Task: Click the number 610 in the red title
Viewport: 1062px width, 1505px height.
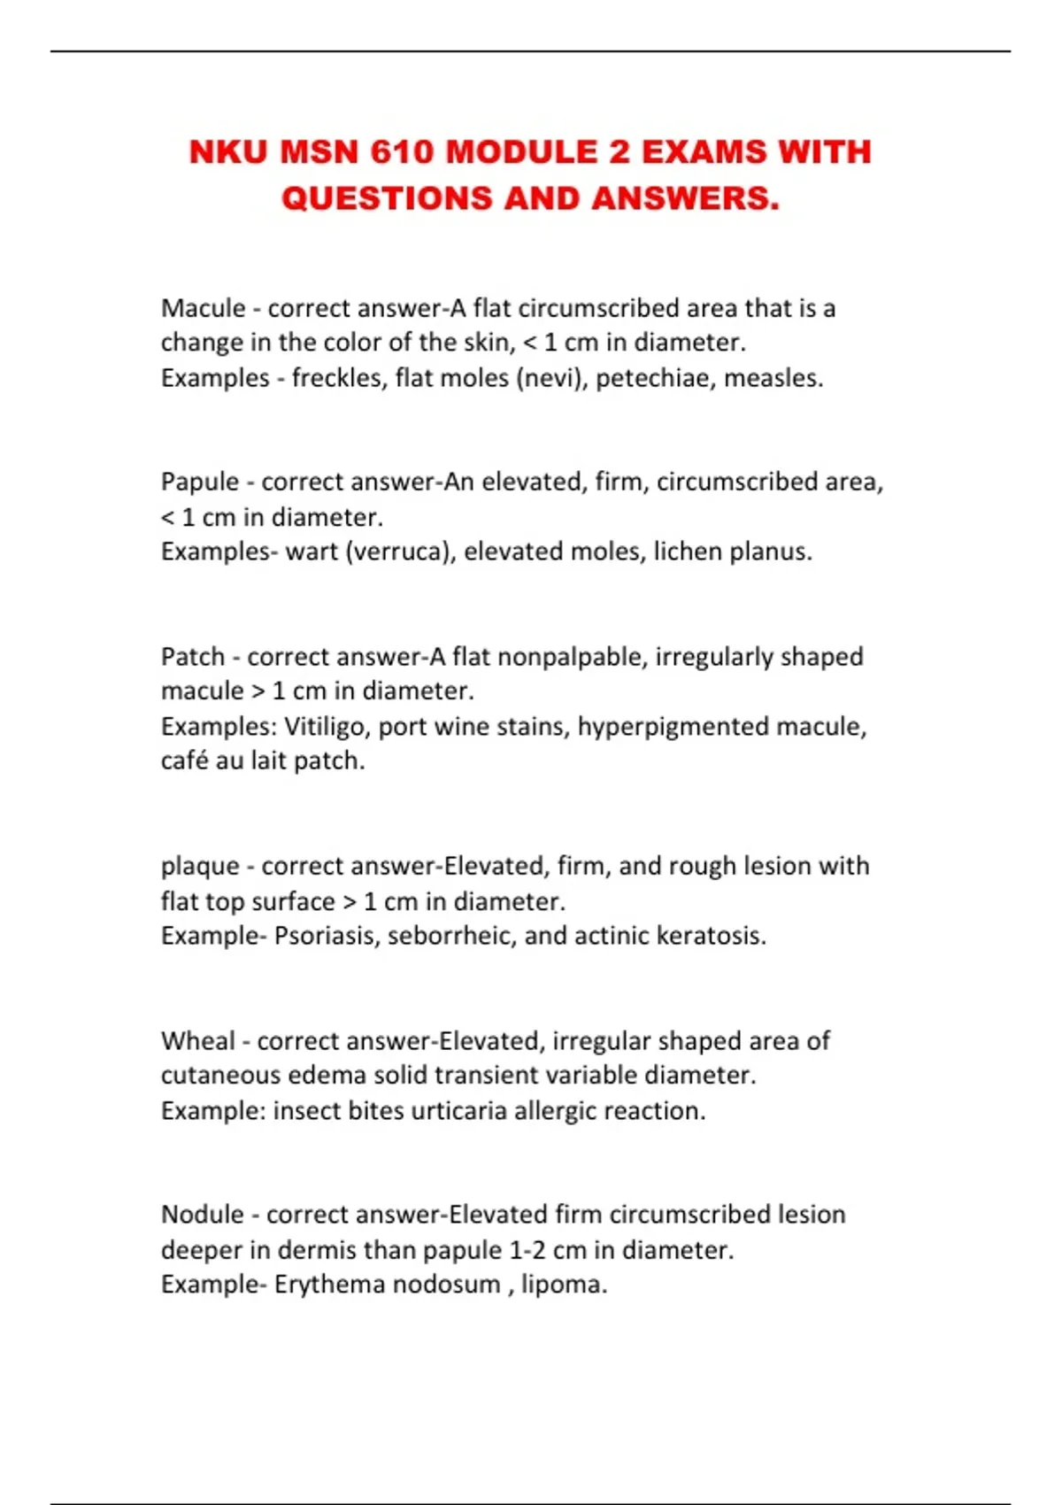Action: pos(402,152)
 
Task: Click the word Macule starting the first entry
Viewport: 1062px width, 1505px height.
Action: pos(203,308)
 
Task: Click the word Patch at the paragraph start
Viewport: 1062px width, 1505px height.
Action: pos(193,657)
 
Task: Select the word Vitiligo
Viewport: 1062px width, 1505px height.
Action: pos(324,727)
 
